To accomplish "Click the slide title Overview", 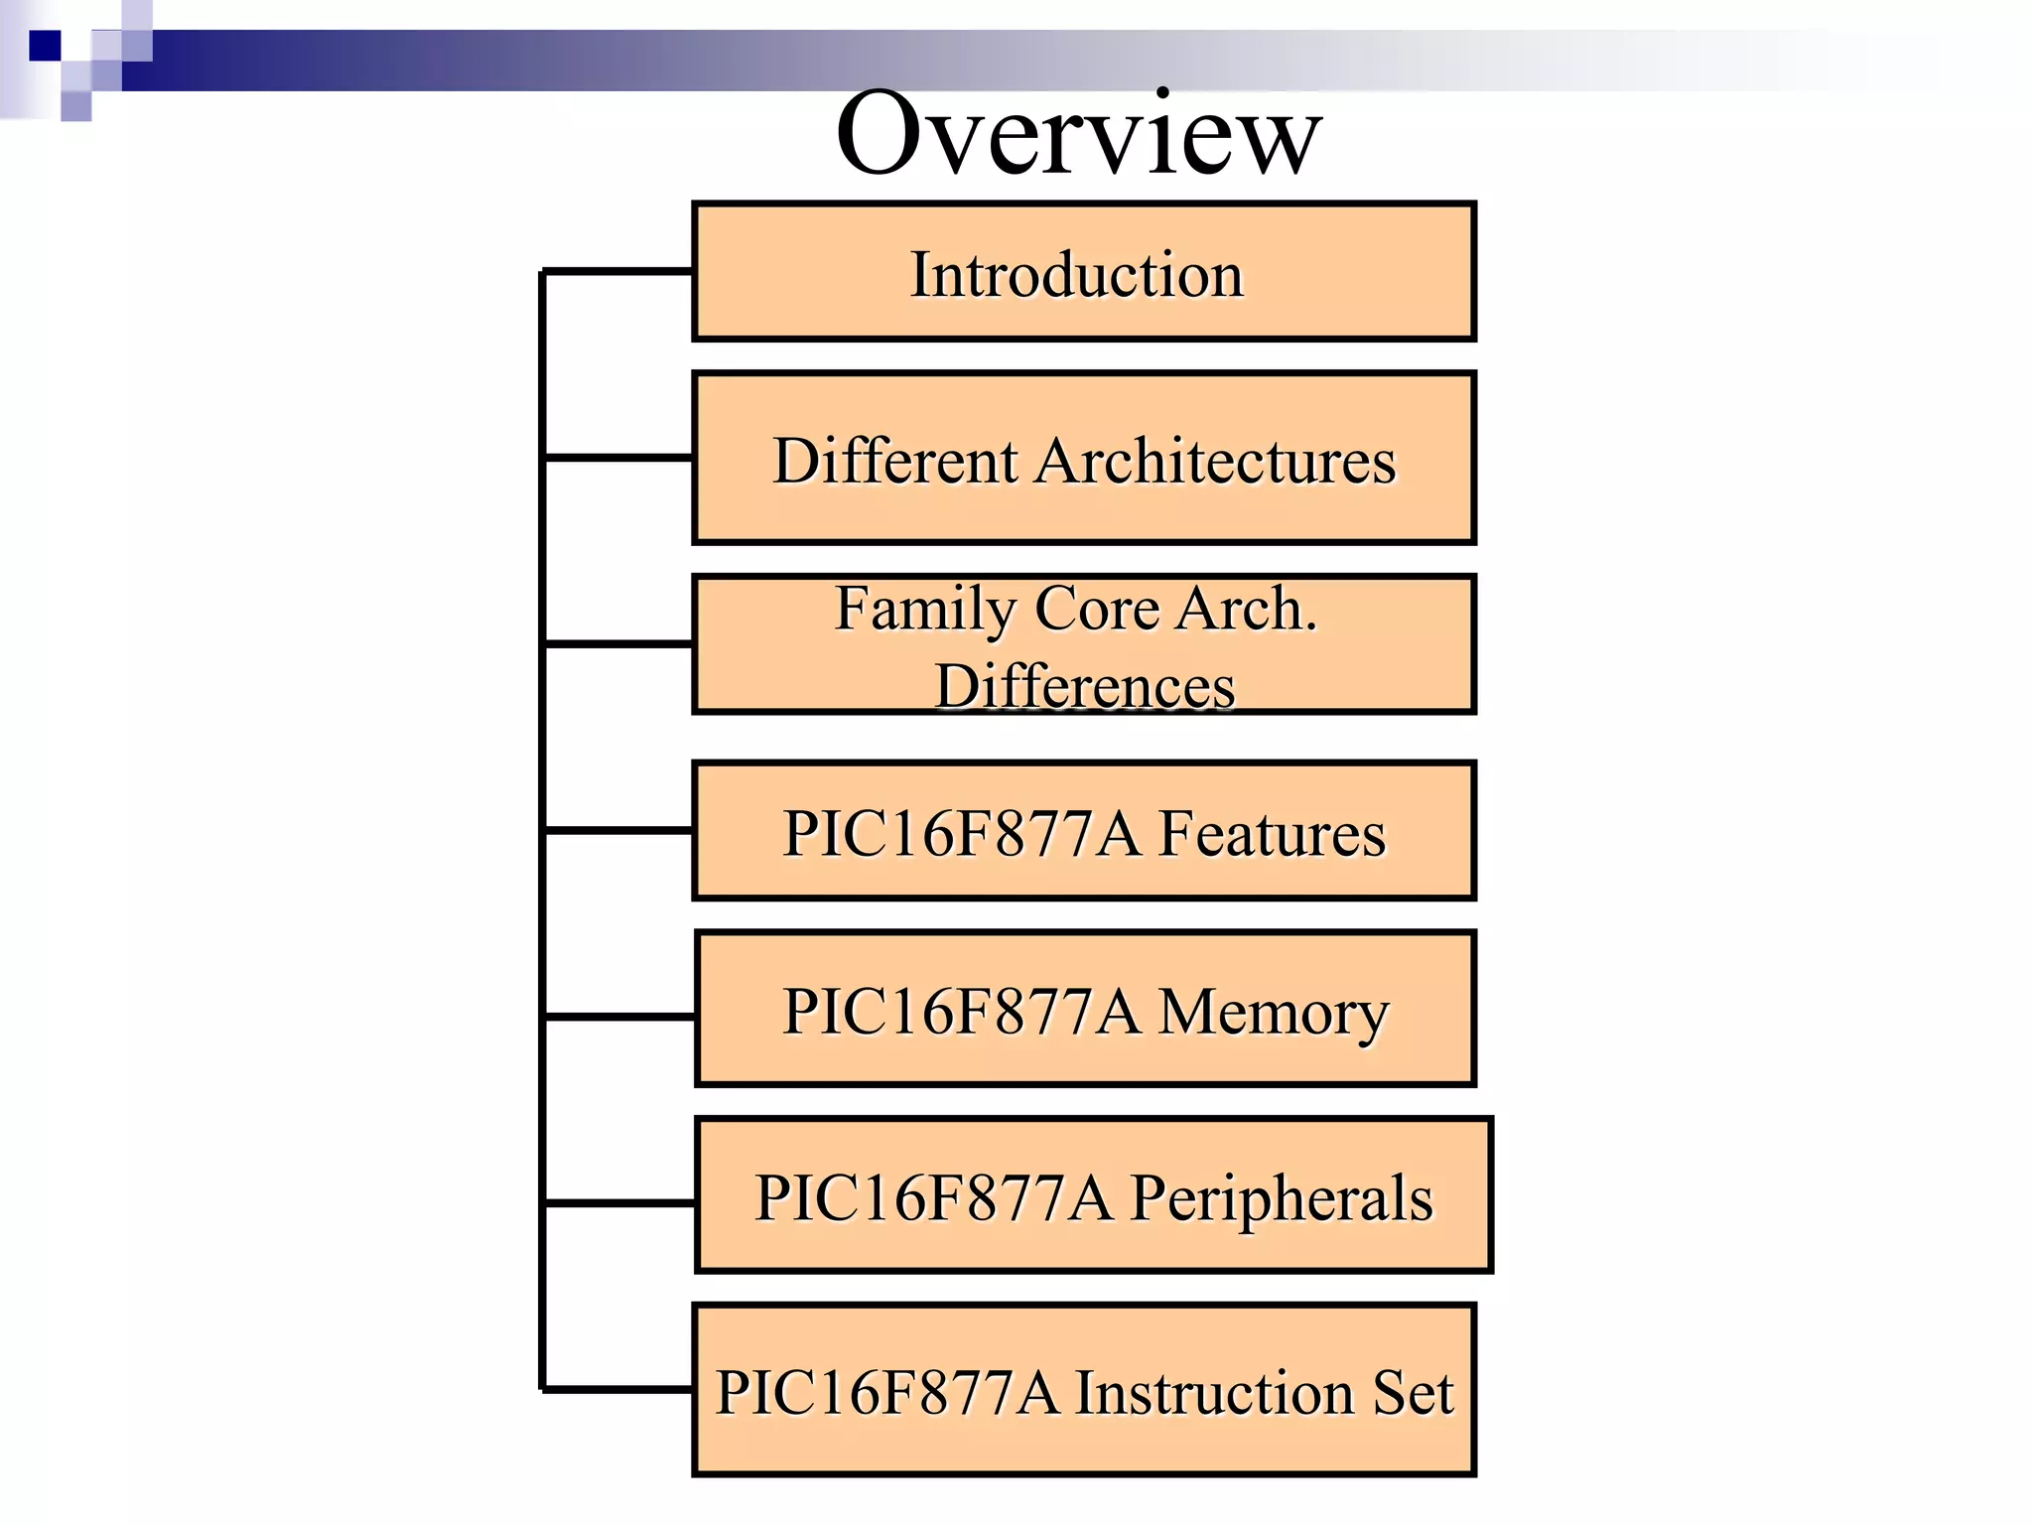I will tap(1078, 134).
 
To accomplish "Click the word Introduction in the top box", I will tap(1077, 275).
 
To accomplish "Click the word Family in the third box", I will tap(924, 609).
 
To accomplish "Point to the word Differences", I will tap(1085, 686).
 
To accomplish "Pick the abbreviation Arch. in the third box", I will tap(1247, 609).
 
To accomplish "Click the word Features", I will tap(1272, 834).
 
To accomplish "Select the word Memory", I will tap(1274, 1013).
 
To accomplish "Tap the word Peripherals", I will tap(1282, 1198).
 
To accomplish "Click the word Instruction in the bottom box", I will tap(1215, 1393).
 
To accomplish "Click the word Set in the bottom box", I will tap(1413, 1393).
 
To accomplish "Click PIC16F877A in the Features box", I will tap(961, 834).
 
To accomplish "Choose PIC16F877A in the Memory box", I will tap(961, 1013).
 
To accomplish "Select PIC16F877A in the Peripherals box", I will tap(933, 1198).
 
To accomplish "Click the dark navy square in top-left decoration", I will tap(46, 46).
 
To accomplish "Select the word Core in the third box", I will tap(1096, 609).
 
